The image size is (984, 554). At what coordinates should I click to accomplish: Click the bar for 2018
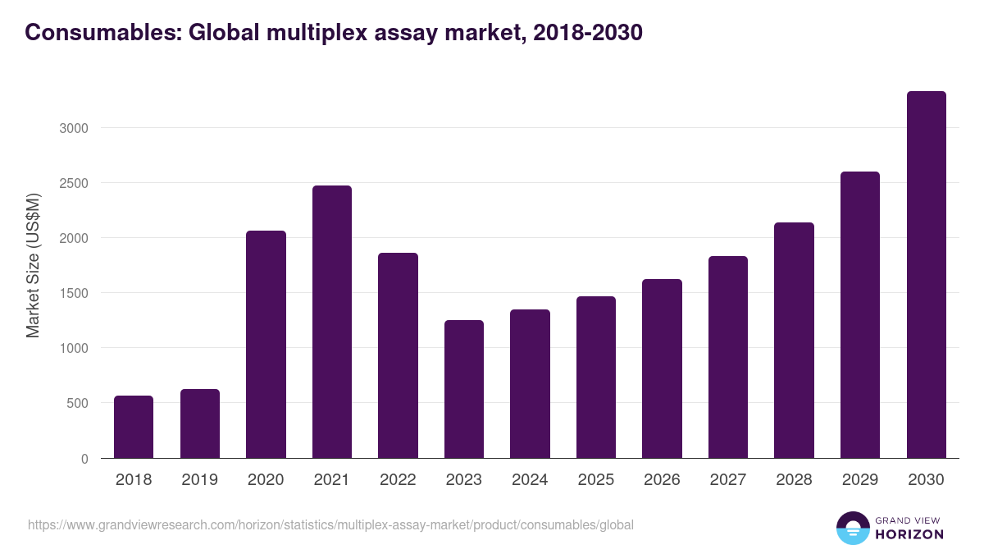[x=134, y=427]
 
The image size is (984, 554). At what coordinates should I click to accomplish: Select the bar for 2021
[x=332, y=322]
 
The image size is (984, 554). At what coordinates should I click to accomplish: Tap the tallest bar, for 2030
[x=926, y=275]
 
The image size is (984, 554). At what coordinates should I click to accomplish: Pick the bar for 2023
[x=464, y=389]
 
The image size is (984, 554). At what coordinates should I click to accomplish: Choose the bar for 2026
[x=662, y=369]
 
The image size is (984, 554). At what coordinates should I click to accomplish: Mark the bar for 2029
[x=860, y=314]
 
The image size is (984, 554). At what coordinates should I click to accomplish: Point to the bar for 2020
[x=266, y=345]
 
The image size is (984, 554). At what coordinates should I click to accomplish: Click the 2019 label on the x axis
[x=199, y=480]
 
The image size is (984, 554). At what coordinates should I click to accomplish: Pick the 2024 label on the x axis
[x=530, y=480]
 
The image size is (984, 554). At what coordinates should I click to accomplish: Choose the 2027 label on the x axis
[x=727, y=480]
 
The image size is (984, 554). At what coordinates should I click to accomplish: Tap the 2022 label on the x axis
[x=398, y=480]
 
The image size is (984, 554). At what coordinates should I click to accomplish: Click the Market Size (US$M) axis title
[x=33, y=265]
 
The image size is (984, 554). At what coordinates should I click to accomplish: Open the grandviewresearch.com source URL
[x=330, y=524]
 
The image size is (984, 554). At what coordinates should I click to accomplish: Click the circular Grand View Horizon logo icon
[x=853, y=528]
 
